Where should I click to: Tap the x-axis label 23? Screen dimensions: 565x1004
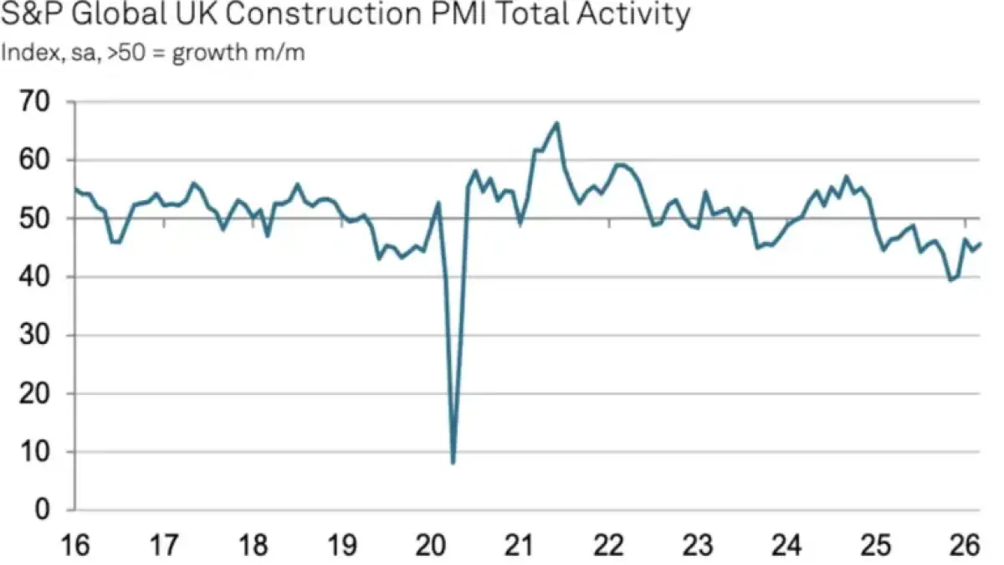click(x=697, y=547)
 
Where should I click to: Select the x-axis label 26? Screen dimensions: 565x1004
click(x=963, y=547)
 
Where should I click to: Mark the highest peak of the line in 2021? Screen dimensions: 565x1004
click(x=557, y=123)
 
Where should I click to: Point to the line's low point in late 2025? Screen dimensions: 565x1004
click(x=950, y=280)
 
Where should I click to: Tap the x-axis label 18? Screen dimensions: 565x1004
click(x=254, y=547)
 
